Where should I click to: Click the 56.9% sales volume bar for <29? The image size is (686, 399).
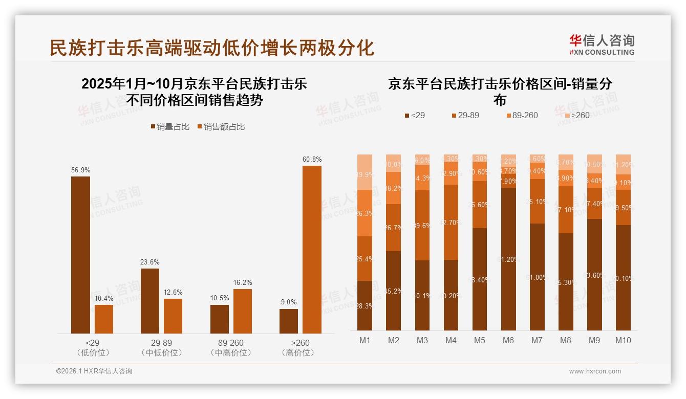pyautogui.click(x=80, y=255)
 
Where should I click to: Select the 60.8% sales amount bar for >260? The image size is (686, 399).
pyautogui.click(x=312, y=249)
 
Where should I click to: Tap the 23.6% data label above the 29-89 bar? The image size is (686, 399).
pyautogui.click(x=149, y=262)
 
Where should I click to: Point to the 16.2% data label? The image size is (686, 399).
pyautogui.click(x=243, y=282)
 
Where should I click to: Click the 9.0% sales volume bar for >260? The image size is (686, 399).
pyautogui.click(x=289, y=321)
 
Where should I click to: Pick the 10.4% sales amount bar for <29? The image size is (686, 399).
pyautogui.click(x=104, y=319)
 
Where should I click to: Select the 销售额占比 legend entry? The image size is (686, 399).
pyautogui.click(x=221, y=127)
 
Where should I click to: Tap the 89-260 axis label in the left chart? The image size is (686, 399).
pyautogui.click(x=230, y=343)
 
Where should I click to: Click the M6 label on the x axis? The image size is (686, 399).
pyautogui.click(x=508, y=340)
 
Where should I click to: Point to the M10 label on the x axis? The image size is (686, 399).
pyautogui.click(x=623, y=340)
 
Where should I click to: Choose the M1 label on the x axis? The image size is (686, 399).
pyautogui.click(x=365, y=340)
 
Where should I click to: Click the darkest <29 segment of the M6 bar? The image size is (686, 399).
pyautogui.click(x=508, y=259)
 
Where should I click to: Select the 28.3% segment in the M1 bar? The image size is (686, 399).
pyautogui.click(x=365, y=305)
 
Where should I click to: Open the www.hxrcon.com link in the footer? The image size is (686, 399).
pyautogui.click(x=595, y=371)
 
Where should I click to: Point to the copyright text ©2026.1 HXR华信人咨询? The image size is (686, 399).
pyautogui.click(x=94, y=371)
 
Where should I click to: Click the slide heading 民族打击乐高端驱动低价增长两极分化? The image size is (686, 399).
pyautogui.click(x=212, y=48)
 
